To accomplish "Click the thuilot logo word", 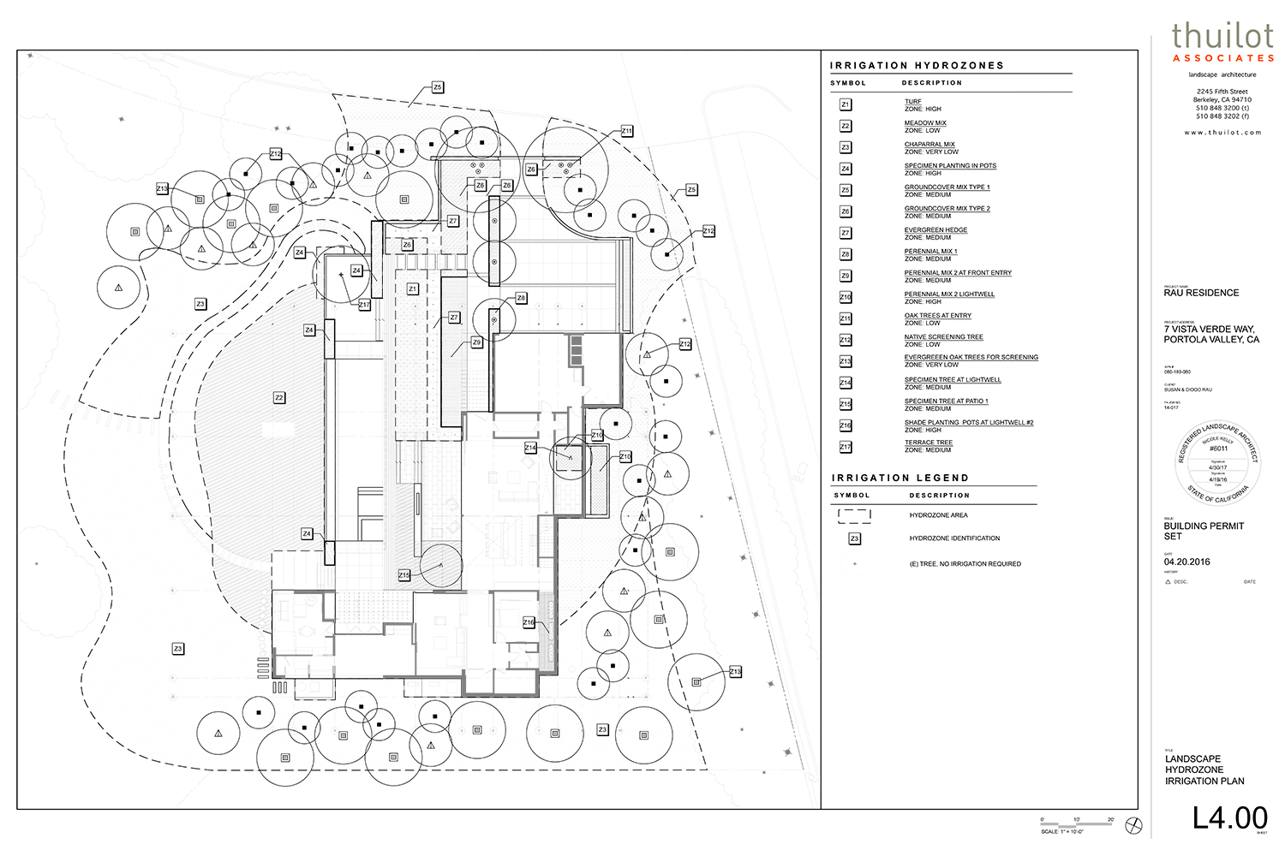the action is tap(1223, 37).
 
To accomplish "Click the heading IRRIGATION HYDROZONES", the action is tap(917, 65).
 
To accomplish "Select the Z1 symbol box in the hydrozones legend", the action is tap(846, 104).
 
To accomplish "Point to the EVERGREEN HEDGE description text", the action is tap(935, 230).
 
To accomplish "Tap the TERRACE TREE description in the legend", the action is tap(929, 443).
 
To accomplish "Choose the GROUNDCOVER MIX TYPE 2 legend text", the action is tap(947, 209).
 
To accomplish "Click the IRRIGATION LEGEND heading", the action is tap(899, 478).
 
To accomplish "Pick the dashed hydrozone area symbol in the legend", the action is tap(854, 515).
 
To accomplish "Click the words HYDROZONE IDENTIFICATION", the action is tap(954, 538).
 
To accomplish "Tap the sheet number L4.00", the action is tap(1229, 817).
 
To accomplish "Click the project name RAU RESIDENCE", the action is tap(1201, 293).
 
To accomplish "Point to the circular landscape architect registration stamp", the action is tap(1217, 462).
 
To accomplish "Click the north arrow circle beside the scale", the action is tap(1133, 825).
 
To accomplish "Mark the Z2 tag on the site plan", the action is tap(279, 398).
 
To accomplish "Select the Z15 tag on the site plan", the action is tap(403, 575).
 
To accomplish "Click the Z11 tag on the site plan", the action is tap(627, 132).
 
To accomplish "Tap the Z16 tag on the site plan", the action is tap(529, 622).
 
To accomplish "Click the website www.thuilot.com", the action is tap(1222, 133).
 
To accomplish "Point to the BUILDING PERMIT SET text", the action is tap(1203, 531).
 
